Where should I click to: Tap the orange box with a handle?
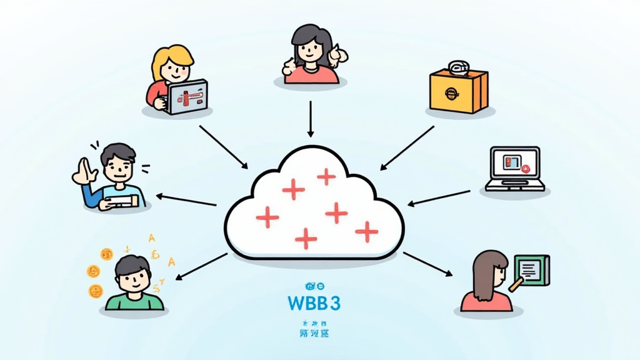tap(458, 91)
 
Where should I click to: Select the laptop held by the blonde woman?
tap(187, 97)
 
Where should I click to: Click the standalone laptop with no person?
tap(515, 167)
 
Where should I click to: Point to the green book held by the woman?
tap(530, 269)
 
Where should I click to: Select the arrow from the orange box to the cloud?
tap(407, 148)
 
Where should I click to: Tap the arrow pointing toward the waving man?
tap(186, 200)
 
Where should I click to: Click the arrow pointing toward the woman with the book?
tap(427, 264)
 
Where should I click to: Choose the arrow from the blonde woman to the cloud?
tap(223, 146)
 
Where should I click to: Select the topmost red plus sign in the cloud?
tap(326, 177)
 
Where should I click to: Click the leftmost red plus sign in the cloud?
tap(267, 217)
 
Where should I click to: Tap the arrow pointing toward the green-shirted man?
tap(201, 265)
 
